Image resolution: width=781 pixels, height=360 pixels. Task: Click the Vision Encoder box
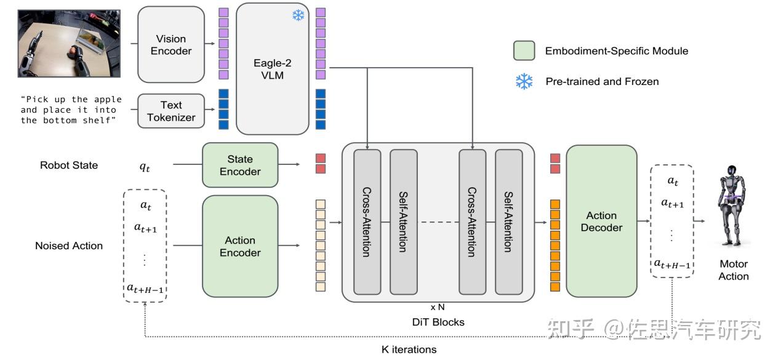point(170,44)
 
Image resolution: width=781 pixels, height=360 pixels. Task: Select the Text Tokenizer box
point(170,111)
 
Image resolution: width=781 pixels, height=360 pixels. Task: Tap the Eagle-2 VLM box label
point(271,68)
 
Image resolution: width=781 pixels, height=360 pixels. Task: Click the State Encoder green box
point(239,165)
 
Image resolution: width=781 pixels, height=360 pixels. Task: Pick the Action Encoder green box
point(239,246)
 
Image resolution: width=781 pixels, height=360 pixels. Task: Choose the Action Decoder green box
point(601,222)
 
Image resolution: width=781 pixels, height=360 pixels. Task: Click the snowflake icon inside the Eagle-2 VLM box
point(298,16)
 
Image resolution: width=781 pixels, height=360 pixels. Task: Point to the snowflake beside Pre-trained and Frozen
point(524,82)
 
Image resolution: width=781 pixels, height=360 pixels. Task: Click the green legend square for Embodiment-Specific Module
point(524,51)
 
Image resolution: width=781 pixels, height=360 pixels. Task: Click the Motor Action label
point(734,270)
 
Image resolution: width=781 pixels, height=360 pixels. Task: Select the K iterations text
point(409,350)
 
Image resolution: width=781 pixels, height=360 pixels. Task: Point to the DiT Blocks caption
point(438,321)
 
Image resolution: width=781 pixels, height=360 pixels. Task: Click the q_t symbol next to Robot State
point(145,166)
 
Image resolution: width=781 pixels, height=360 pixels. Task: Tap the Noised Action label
point(69,246)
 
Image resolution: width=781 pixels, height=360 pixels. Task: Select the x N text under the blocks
point(438,307)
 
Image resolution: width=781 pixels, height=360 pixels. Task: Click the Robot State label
point(69,165)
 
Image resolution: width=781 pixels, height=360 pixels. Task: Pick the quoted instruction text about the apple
point(71,110)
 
